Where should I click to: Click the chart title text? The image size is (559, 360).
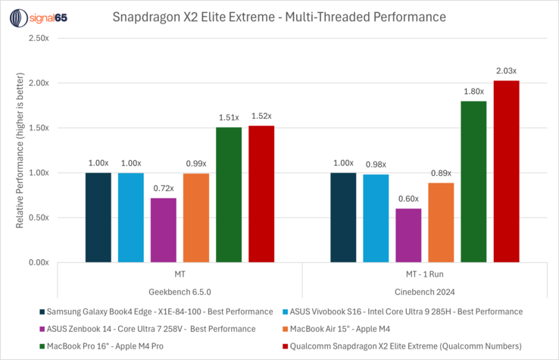279,15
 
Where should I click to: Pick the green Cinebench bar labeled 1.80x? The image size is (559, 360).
473,182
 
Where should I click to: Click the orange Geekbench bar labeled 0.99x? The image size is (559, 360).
196,218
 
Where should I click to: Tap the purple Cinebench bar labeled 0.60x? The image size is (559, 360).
408,236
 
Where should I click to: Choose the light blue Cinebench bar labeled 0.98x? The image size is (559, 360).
376,218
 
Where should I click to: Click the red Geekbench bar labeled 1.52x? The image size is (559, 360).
261,194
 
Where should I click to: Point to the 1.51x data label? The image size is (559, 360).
229,117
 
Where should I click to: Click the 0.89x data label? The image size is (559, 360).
441,173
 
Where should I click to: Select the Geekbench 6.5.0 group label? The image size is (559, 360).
180,291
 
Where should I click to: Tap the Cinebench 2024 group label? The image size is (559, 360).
425,291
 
